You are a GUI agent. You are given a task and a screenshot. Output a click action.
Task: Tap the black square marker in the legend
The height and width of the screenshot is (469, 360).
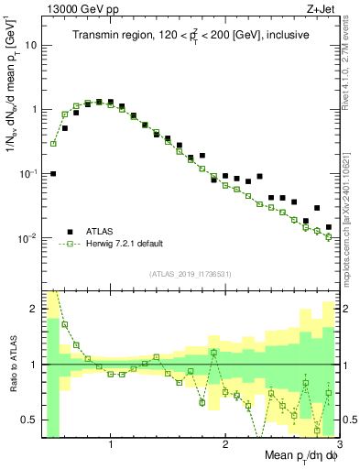(70, 232)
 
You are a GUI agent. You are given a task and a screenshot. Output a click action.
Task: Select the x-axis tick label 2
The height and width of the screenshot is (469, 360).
(225, 445)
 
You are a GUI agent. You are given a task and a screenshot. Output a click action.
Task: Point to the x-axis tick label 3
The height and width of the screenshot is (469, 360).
(339, 445)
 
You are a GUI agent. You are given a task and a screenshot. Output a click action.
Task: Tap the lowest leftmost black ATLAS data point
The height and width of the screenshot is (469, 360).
(53, 173)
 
